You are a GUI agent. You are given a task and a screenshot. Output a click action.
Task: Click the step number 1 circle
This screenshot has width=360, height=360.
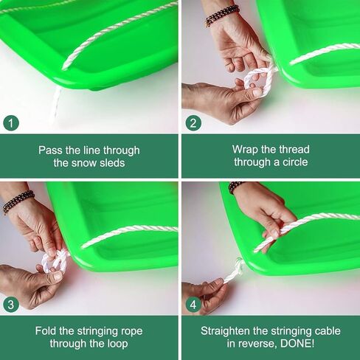click(11, 123)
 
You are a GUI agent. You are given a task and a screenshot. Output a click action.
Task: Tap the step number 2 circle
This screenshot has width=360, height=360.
click(193, 123)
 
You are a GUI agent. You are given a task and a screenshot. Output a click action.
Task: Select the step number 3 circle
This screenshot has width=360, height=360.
click(11, 305)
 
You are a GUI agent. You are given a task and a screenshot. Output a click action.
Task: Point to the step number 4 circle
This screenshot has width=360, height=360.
click(193, 305)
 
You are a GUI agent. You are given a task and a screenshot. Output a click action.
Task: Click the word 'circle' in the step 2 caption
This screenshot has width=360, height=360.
click(295, 162)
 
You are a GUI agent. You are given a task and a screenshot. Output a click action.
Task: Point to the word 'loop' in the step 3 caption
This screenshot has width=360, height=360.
click(117, 344)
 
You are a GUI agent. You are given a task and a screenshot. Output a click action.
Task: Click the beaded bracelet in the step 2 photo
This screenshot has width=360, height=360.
click(222, 15)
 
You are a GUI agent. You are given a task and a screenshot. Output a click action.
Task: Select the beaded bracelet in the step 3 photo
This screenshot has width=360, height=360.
click(18, 202)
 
